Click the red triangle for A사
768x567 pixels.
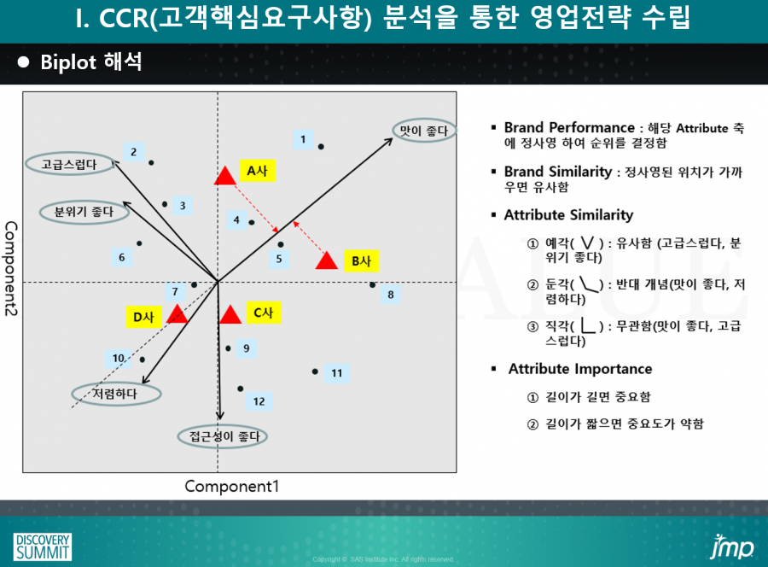224,177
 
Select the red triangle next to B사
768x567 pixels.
327,260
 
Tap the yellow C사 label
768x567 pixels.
264,313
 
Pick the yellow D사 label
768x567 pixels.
143,317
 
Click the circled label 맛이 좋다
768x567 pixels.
424,131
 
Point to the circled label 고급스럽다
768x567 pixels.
70,164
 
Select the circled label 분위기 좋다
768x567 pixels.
84,212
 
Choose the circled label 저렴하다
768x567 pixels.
116,394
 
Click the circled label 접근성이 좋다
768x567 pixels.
223,436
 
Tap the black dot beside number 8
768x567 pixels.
372,284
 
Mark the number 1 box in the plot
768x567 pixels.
303,140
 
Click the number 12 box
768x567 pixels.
259,401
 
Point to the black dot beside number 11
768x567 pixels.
315,371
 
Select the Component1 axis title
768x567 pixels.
231,486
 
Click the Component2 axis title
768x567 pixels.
11,268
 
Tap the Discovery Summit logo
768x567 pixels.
43,547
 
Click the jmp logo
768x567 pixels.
732,547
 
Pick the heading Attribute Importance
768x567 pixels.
580,369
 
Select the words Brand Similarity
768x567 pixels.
558,172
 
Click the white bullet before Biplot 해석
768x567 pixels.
23,62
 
